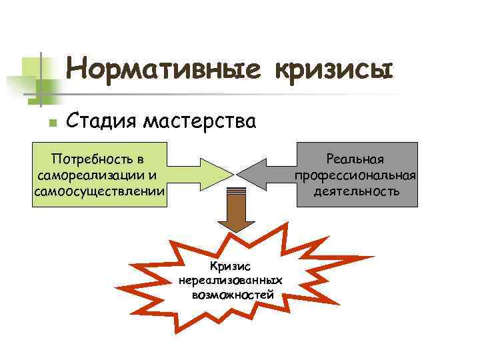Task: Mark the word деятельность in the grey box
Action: pos(357,191)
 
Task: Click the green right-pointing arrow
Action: pos(199,174)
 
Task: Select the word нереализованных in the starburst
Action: pos(231,280)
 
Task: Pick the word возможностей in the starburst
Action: pos(231,293)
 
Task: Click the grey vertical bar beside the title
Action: pos(41,80)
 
